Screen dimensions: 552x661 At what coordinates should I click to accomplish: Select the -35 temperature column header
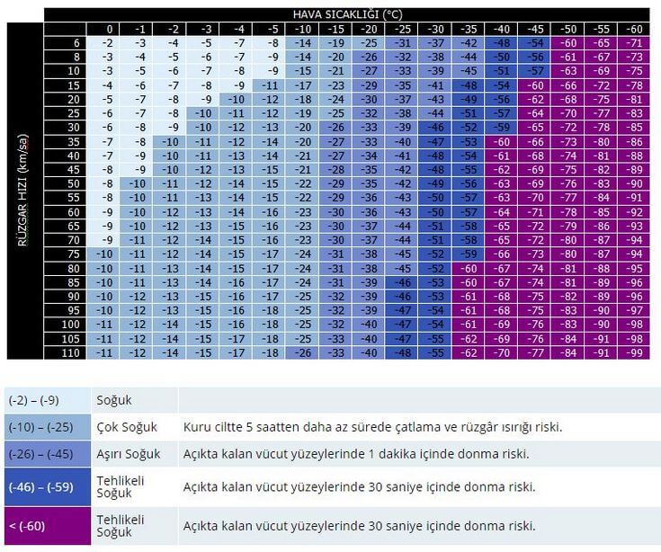point(469,30)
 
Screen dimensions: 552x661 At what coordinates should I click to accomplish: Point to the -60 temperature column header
point(635,30)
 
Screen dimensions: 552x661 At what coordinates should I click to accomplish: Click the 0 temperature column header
point(109,30)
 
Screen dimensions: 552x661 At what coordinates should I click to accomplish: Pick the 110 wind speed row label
point(71,352)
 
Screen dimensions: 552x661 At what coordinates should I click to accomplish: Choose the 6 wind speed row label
point(76,42)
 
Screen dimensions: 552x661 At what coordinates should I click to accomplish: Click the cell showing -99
point(635,352)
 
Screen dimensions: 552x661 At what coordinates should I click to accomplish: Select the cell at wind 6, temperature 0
point(109,42)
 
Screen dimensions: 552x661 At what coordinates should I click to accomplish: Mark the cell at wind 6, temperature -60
point(635,42)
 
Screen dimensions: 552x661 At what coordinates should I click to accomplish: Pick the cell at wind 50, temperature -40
point(502,183)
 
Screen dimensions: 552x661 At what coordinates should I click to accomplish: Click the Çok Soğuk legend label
point(127,426)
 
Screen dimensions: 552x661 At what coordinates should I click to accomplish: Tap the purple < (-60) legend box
point(47,525)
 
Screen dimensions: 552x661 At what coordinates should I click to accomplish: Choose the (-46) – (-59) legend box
point(47,486)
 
